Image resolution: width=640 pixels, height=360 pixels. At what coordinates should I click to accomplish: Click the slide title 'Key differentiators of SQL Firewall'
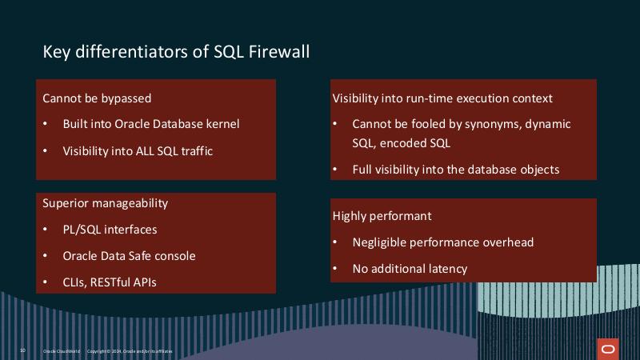(x=176, y=52)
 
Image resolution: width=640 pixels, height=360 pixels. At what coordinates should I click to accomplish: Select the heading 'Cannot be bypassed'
(x=97, y=98)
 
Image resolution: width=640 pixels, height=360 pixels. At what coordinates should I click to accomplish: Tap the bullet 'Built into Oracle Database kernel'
(x=150, y=124)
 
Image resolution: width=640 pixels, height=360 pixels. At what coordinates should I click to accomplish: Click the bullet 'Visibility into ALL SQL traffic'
(x=138, y=150)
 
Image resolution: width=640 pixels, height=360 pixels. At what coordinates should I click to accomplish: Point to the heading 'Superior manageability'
(x=105, y=203)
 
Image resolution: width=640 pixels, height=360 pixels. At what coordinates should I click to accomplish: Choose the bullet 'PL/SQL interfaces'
(x=110, y=230)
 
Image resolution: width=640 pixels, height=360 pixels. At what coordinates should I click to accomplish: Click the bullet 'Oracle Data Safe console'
(x=129, y=256)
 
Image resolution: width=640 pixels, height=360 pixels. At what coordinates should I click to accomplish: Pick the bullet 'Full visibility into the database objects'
(x=455, y=170)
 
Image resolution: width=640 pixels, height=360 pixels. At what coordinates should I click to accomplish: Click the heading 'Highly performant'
(x=382, y=216)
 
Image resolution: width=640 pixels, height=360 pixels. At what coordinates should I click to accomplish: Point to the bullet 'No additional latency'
(x=410, y=269)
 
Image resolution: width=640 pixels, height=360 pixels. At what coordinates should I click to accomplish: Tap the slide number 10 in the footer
(x=22, y=350)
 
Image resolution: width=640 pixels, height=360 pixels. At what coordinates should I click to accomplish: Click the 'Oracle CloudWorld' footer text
(x=60, y=351)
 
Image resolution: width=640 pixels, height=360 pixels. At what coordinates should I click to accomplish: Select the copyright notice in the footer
(x=129, y=351)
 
